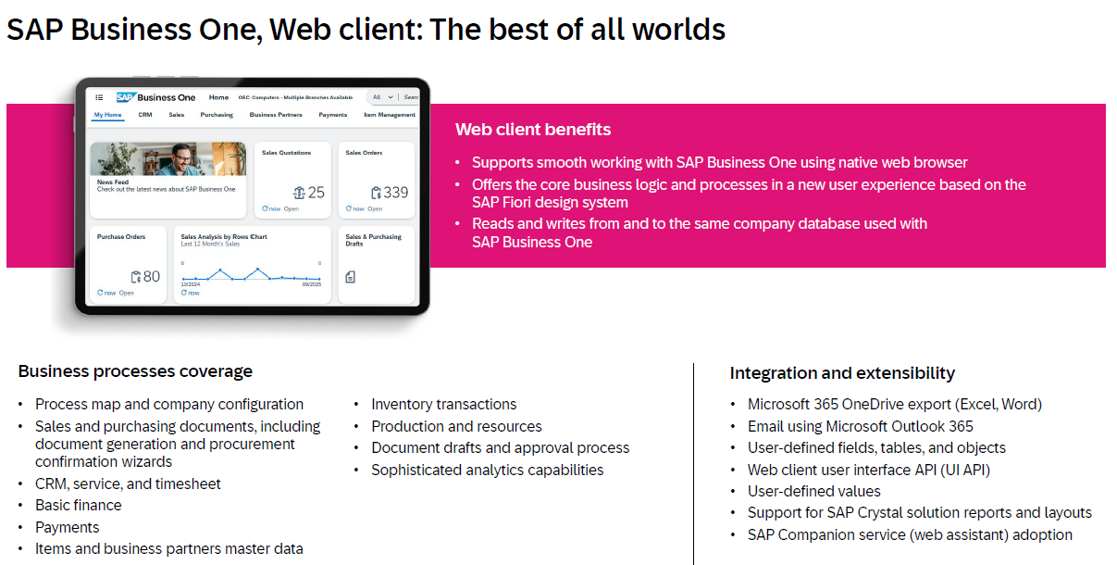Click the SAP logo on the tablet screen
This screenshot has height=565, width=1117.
(126, 97)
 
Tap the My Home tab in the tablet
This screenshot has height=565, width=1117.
(107, 115)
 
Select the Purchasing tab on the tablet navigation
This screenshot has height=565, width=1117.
(217, 115)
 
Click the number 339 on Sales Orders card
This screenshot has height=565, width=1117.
(395, 193)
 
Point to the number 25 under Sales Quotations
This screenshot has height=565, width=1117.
(316, 193)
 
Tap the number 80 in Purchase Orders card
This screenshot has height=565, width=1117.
(151, 276)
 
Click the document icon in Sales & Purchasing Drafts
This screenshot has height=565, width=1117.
(351, 277)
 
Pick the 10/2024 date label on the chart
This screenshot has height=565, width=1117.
(190, 284)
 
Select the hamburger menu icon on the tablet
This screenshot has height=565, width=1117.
(99, 97)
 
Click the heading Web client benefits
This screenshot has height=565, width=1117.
(533, 129)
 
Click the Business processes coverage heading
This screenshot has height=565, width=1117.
(135, 371)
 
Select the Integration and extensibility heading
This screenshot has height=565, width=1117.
(842, 373)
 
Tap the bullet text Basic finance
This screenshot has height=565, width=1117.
(79, 505)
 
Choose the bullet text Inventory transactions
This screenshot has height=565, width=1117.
(444, 404)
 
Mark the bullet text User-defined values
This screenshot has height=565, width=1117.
(814, 491)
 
